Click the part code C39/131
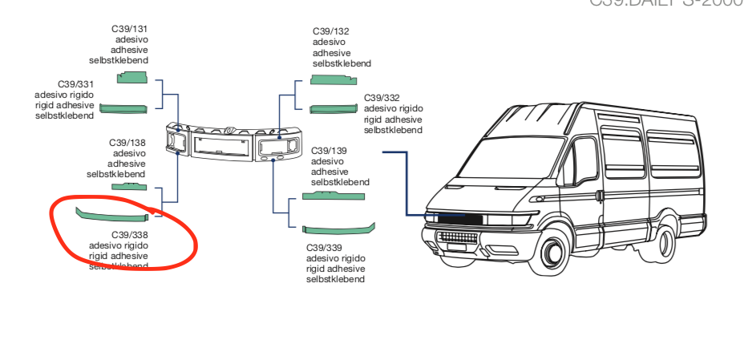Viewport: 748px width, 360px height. (x=129, y=29)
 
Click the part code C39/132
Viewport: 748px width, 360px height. (x=331, y=31)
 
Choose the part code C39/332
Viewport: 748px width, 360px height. (x=382, y=98)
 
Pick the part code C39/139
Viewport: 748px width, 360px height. (x=330, y=150)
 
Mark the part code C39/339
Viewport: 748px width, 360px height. (x=325, y=248)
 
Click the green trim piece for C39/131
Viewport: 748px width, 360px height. (x=132, y=77)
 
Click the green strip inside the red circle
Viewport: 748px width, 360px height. (x=111, y=214)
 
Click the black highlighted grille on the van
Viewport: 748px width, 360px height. (x=459, y=218)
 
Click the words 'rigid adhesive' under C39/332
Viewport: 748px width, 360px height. (x=392, y=119)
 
